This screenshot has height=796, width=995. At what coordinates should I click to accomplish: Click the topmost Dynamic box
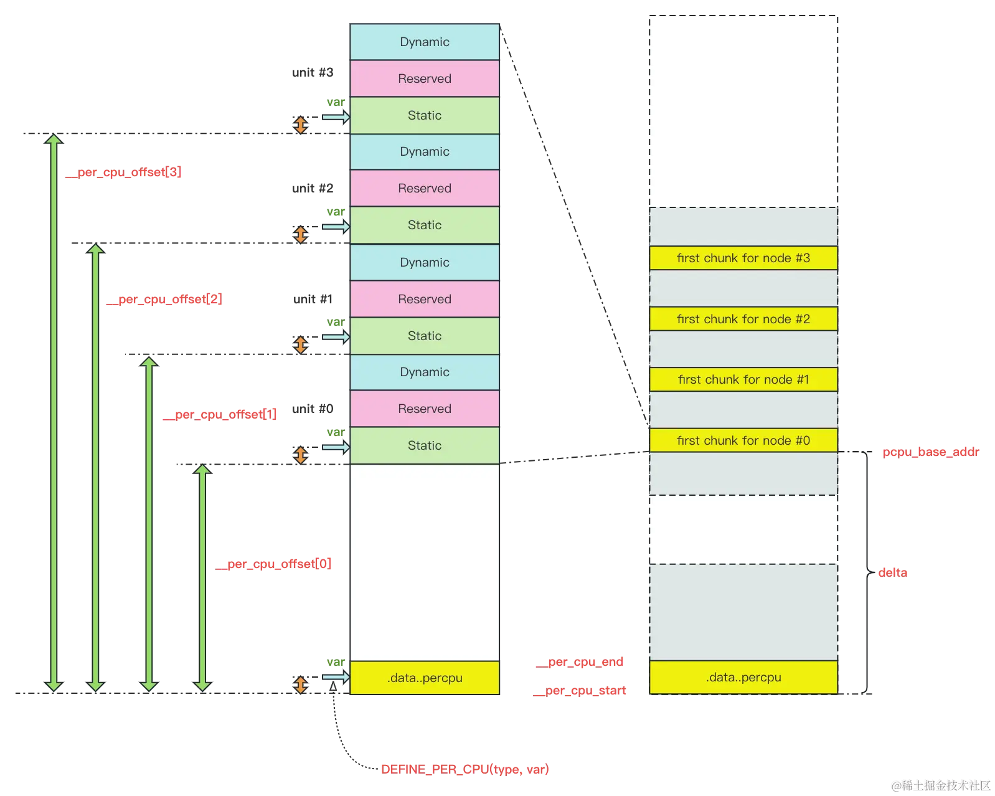click(x=425, y=42)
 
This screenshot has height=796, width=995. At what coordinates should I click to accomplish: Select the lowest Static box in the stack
click(x=425, y=445)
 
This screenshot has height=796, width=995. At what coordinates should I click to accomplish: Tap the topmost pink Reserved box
click(x=425, y=78)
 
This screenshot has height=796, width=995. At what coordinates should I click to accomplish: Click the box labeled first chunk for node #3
click(x=743, y=258)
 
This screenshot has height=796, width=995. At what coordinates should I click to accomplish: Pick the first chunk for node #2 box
click(x=743, y=319)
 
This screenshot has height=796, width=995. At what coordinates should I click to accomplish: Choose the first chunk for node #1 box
click(x=743, y=379)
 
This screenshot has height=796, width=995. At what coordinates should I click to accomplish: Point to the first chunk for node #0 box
click(x=743, y=440)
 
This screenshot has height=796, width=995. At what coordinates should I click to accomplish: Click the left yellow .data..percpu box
click(x=425, y=678)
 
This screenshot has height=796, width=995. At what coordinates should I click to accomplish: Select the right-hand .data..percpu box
click(x=743, y=677)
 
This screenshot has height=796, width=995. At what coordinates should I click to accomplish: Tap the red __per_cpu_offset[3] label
click(x=124, y=172)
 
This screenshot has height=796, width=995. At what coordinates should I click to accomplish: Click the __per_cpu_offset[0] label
click(x=273, y=564)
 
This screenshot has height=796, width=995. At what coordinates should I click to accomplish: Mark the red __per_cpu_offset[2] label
click(x=164, y=300)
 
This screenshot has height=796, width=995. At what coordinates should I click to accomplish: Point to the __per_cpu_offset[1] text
click(x=219, y=414)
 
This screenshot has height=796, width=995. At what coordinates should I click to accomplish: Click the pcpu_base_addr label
click(x=931, y=452)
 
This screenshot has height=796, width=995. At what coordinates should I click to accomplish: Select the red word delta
click(x=893, y=572)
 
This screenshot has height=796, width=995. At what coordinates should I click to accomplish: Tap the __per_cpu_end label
click(x=580, y=662)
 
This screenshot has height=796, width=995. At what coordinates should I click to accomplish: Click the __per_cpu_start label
click(x=580, y=691)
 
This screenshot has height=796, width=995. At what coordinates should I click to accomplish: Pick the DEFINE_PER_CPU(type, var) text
click(x=464, y=769)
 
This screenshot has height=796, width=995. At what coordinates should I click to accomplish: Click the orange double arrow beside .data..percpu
click(x=301, y=685)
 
